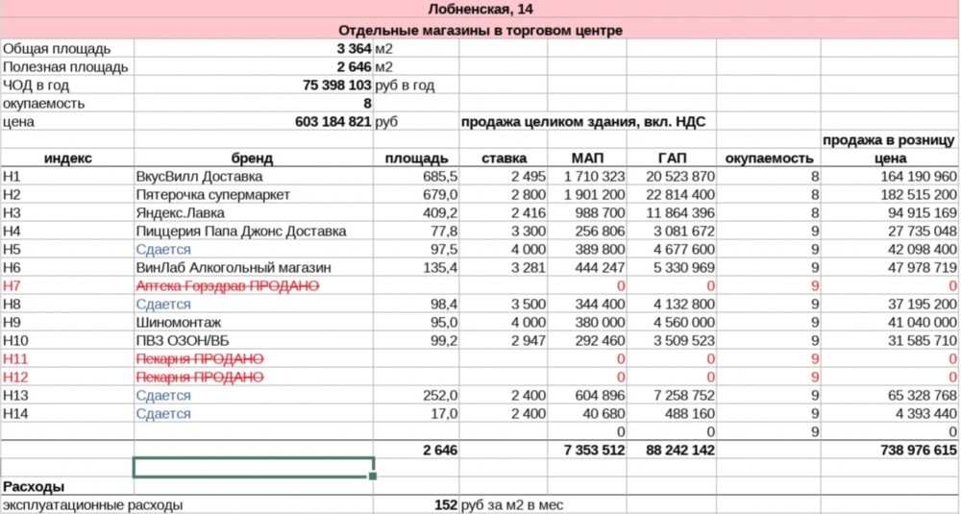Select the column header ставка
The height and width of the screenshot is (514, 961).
pyautogui.click(x=505, y=159)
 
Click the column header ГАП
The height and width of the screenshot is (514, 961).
pyautogui.click(x=672, y=159)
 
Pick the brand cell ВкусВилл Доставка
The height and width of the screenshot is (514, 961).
pyautogui.click(x=200, y=177)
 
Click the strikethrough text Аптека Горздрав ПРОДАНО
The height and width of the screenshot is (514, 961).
pyautogui.click(x=228, y=286)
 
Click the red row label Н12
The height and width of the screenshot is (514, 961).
pyautogui.click(x=16, y=378)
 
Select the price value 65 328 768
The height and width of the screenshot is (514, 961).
pyautogui.click(x=918, y=396)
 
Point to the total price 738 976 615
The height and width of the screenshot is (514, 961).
pyautogui.click(x=918, y=450)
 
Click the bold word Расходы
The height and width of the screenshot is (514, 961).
pyautogui.click(x=34, y=486)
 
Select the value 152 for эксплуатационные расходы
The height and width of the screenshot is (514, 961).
pyautogui.click(x=444, y=504)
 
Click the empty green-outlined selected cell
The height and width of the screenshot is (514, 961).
pyautogui.click(x=253, y=468)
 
